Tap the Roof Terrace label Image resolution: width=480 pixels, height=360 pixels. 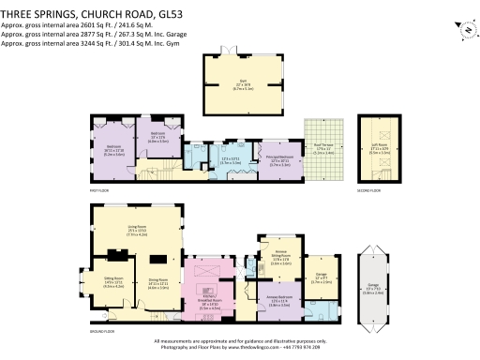(x=322, y=148)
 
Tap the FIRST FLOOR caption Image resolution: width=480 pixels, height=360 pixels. (x=100, y=191)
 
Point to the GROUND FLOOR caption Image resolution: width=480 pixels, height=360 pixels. (x=102, y=332)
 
